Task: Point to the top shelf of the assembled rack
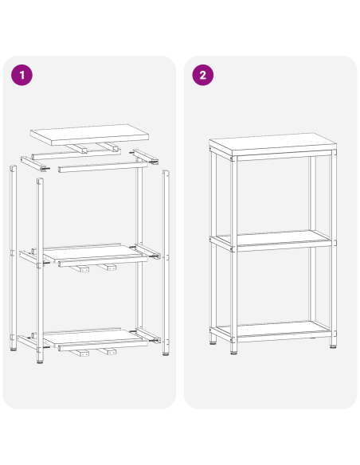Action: [x=271, y=145]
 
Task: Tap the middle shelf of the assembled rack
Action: [x=271, y=239]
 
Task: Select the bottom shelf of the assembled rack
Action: [x=271, y=328]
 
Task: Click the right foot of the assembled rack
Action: [x=331, y=345]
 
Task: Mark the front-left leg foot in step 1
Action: [x=40, y=361]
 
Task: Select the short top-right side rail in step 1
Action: [x=146, y=155]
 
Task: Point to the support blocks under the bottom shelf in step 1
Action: [x=96, y=351]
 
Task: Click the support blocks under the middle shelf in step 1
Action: [x=96, y=269]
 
